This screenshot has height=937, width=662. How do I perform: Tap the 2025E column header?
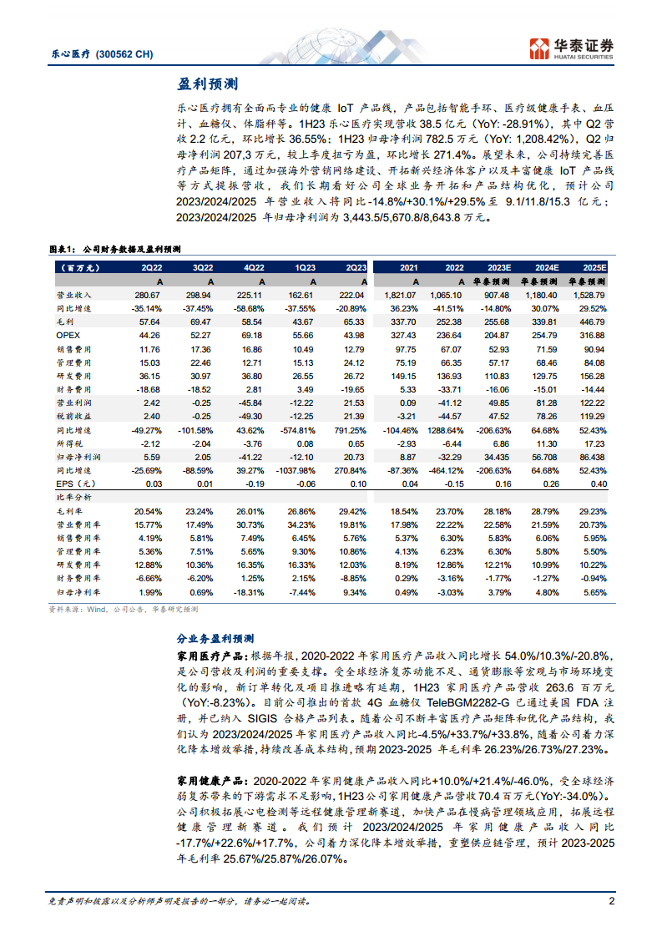point(594,267)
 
